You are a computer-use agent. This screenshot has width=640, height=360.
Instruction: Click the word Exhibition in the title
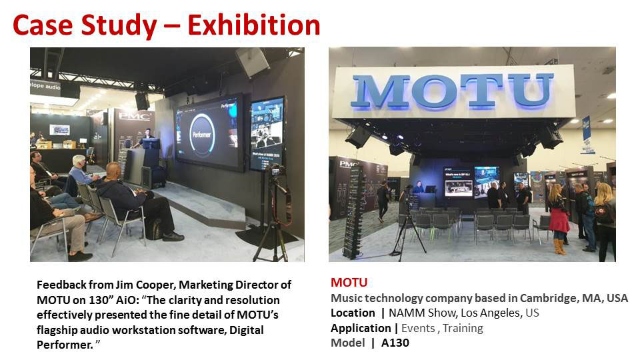point(253,25)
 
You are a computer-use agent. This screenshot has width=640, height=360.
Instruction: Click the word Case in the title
point(43,25)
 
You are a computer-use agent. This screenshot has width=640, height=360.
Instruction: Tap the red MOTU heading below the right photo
point(349,283)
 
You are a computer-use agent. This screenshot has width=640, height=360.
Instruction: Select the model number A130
point(395,343)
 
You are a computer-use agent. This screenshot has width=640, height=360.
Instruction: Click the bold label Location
point(353,313)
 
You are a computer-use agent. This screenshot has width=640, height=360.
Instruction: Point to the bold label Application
point(361,328)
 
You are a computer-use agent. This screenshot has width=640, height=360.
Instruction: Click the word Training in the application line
point(463,329)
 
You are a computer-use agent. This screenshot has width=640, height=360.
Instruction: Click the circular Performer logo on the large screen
point(203,134)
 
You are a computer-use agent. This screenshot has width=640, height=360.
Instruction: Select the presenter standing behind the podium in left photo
point(146,138)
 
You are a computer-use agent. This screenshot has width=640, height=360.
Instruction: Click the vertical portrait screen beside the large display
point(267,133)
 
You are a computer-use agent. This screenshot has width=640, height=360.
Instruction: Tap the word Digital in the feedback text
point(247,330)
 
